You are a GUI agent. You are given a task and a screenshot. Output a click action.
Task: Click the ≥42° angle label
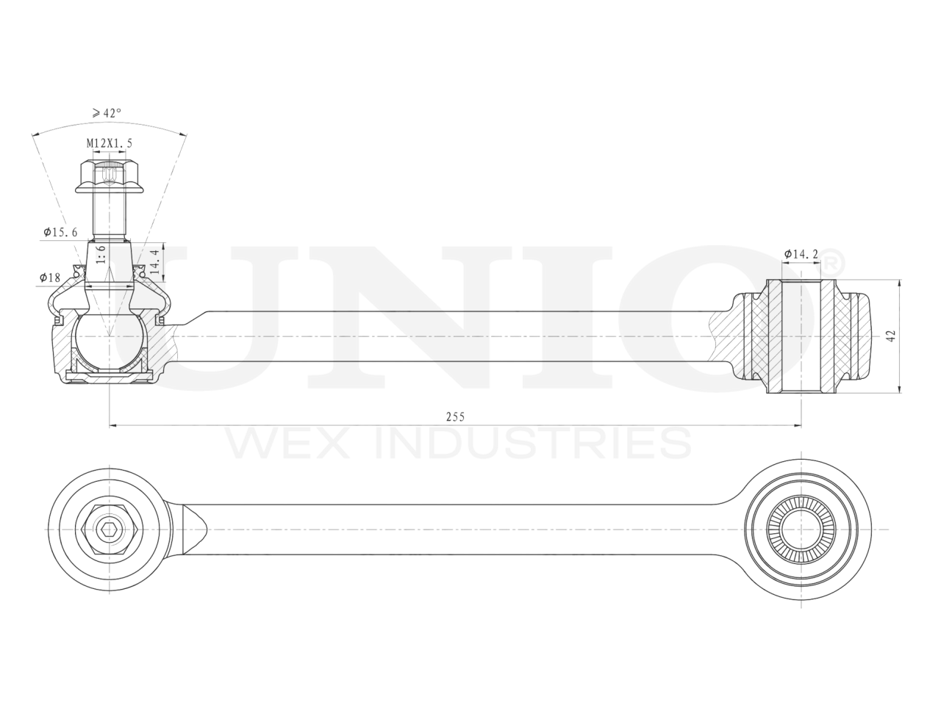tap(107, 113)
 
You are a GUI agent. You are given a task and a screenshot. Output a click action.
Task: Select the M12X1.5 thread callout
tap(110, 143)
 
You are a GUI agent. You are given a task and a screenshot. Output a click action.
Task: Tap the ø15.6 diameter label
tap(60, 233)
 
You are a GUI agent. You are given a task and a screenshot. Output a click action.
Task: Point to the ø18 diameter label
tap(50, 278)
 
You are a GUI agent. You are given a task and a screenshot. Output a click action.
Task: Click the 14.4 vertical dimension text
tap(155, 261)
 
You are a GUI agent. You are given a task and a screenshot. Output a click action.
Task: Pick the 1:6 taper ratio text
tap(101, 254)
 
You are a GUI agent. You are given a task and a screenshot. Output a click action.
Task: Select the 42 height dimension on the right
tap(891, 336)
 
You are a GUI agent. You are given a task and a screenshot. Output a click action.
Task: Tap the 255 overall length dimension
tap(455, 416)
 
